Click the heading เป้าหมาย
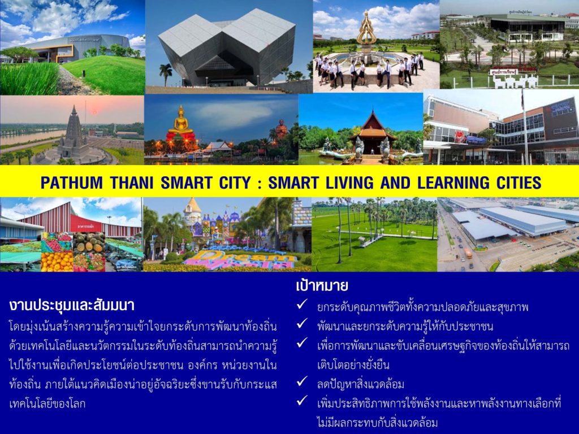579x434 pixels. pos(322,285)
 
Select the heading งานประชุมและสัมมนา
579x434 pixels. pos(72,306)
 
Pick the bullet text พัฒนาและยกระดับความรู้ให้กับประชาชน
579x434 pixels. pos(405,327)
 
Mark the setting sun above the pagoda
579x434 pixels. pos(94,111)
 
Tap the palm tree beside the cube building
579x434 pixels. pos(166,74)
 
